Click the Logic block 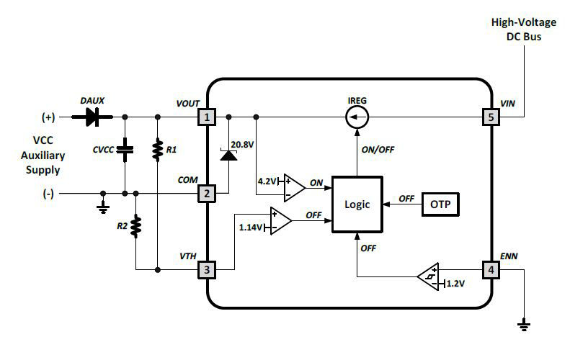pos(357,204)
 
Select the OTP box pos(440,204)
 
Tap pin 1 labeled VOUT pos(207,116)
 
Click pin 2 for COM pos(207,193)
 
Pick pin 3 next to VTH pos(207,270)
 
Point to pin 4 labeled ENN pos(491,270)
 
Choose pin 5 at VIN pos(491,116)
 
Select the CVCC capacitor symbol pos(125,151)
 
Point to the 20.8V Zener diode pos(229,154)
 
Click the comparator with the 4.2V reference pos(293,186)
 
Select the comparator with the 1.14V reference pos(280,220)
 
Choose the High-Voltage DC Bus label pos(524,28)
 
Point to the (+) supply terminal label pos(48,117)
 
